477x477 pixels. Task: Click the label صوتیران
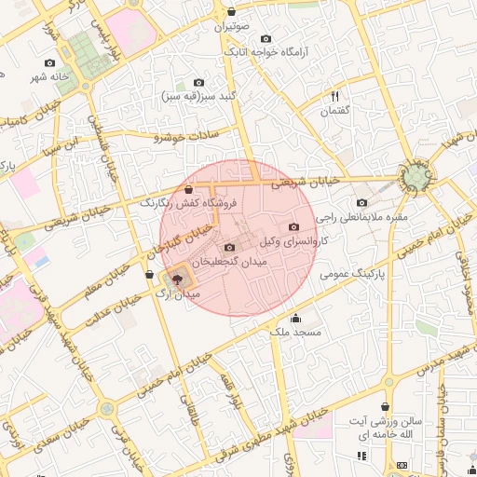[233, 28]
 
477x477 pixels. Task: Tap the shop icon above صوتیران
[232, 12]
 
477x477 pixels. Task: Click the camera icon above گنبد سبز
[197, 82]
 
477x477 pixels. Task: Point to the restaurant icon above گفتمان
[335, 96]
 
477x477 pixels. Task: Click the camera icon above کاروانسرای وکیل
[294, 226]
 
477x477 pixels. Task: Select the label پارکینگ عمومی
[353, 274]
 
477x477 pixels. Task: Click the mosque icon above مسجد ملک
[296, 318]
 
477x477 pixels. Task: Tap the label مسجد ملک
[295, 332]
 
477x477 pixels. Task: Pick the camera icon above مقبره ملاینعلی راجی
[362, 202]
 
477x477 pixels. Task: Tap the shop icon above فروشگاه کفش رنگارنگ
[189, 189]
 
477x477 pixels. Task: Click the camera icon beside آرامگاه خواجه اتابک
[266, 39]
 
